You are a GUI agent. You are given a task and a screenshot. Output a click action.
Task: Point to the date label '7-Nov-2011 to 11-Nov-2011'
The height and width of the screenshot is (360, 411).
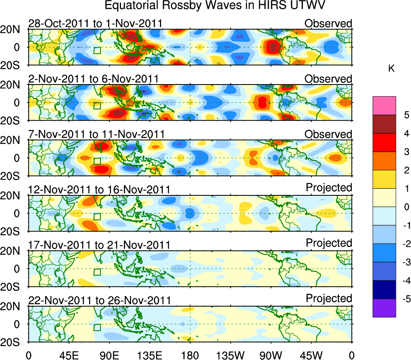tap(96, 134)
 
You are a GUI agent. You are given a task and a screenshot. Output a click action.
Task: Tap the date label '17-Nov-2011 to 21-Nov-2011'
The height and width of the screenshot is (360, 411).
tap(99, 245)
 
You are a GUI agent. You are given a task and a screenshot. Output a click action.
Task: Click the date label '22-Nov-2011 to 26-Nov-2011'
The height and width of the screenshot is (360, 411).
tap(99, 301)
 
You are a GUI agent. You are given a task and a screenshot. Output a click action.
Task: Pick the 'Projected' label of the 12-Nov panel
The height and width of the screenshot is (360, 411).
tap(329, 188)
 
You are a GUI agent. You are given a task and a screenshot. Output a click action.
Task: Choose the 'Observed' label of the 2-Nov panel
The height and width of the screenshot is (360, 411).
tap(328, 79)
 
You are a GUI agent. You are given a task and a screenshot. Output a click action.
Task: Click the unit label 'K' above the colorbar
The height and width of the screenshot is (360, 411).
tap(391, 69)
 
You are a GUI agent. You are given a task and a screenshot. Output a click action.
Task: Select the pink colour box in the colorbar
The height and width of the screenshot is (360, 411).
tap(384, 106)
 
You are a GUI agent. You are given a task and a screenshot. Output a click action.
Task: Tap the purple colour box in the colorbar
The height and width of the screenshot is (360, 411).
tap(384, 308)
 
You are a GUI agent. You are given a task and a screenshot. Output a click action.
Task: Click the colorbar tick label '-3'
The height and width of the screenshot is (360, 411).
tap(401, 262)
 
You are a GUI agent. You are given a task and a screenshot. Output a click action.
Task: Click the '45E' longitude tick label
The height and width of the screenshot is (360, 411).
tap(68, 356)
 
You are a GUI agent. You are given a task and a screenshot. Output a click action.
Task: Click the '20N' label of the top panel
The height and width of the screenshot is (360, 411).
tap(12, 30)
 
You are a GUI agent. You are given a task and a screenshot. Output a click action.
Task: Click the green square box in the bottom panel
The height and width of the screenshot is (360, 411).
tap(97, 327)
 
